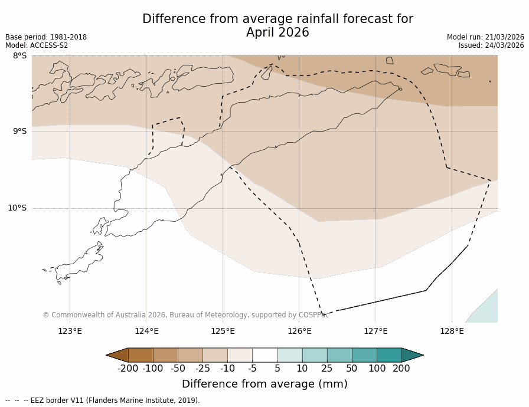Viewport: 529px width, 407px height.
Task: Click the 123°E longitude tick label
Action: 70,331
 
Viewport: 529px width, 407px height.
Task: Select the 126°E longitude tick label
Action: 299,331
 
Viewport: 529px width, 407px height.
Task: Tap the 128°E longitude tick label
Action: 452,331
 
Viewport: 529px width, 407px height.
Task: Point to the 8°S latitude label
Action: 20,56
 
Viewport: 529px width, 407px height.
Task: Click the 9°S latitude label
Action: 20,132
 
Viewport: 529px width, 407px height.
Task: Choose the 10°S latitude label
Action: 17,208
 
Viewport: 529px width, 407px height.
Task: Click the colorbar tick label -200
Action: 128,369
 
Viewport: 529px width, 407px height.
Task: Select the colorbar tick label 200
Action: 401,369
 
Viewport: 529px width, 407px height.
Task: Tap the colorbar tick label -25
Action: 203,369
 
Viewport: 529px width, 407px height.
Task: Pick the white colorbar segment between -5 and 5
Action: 264,355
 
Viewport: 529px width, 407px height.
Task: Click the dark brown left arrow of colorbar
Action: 117,355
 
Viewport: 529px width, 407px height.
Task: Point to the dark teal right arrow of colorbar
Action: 412,355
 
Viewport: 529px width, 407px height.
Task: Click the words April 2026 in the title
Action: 277,33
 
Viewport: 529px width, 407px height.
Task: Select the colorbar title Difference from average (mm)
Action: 264,384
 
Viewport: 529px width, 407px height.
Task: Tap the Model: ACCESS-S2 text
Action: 37,45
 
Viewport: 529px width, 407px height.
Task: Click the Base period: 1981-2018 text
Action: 46,37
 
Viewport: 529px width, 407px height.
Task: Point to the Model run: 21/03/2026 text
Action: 485,37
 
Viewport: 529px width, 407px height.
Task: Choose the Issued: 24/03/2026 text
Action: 491,45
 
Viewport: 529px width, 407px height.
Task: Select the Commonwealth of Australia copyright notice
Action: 185,315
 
